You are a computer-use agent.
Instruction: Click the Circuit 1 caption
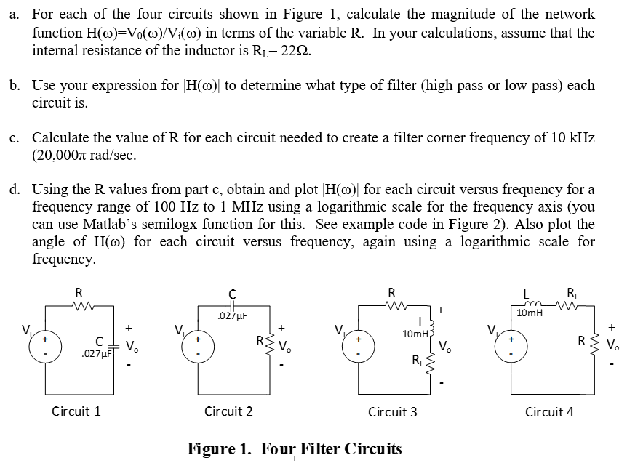point(76,411)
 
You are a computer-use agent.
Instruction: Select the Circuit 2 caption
point(228,411)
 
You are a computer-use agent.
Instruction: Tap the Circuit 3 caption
point(393,412)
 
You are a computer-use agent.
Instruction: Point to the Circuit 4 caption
point(549,412)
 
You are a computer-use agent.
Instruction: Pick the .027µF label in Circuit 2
point(233,316)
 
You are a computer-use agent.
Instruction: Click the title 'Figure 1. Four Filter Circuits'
point(295,448)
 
